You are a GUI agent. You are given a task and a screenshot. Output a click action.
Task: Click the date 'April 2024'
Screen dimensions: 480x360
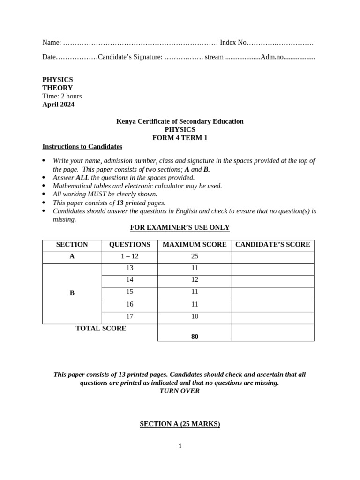pyautogui.click(x=58, y=105)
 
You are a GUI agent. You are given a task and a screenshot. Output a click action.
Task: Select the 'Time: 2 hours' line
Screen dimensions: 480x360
pyautogui.click(x=62, y=96)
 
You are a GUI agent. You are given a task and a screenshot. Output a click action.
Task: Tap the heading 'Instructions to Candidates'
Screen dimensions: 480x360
pyautogui.click(x=82, y=147)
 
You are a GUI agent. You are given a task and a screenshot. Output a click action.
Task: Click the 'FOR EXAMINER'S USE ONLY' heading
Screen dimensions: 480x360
pyautogui.click(x=180, y=228)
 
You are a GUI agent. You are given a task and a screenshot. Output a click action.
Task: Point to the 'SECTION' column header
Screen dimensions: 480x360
pyautogui.click(x=72, y=245)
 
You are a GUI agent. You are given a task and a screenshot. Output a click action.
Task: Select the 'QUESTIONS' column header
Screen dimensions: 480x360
pyautogui.click(x=129, y=245)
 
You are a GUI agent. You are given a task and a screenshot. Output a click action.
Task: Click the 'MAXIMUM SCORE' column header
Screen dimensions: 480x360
pyautogui.click(x=195, y=245)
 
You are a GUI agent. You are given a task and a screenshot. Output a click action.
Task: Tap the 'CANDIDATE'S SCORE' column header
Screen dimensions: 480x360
pyautogui.click(x=272, y=245)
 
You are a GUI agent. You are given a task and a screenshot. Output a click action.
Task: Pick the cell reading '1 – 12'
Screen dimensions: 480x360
pyautogui.click(x=129, y=256)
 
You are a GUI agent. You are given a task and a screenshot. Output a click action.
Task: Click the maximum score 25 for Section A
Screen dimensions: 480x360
pyautogui.click(x=195, y=256)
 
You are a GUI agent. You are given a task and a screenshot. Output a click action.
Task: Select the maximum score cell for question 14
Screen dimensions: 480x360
pyautogui.click(x=195, y=280)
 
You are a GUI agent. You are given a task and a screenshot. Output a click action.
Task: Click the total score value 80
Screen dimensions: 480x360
pyautogui.click(x=195, y=337)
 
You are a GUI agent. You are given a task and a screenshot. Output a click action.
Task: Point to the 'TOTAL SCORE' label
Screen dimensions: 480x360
pyautogui.click(x=101, y=329)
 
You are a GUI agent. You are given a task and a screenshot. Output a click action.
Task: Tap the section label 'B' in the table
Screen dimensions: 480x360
pyautogui.click(x=72, y=293)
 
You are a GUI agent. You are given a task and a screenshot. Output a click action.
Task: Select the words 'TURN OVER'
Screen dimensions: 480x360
pyautogui.click(x=180, y=391)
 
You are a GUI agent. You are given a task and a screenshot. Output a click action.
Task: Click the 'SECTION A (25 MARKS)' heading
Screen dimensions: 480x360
pyautogui.click(x=180, y=424)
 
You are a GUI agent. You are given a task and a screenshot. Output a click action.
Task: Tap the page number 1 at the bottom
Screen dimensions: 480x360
pyautogui.click(x=180, y=446)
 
